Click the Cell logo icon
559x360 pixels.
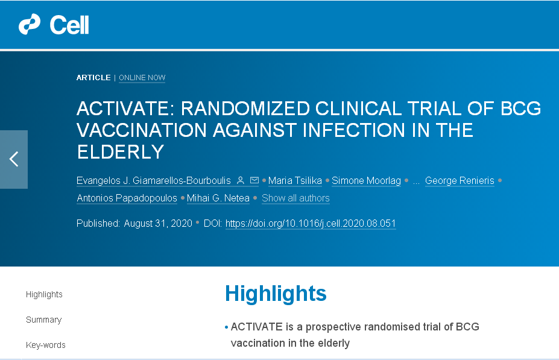29,24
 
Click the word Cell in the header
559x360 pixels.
69,25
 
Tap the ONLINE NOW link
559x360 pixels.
142,78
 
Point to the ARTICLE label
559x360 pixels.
93,78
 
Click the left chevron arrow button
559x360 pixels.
14,159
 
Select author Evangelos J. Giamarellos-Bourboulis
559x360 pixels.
154,181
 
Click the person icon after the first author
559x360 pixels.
241,180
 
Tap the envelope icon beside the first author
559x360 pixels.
254,180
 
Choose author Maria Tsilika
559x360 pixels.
295,181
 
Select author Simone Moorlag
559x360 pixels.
366,181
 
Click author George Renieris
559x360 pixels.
460,181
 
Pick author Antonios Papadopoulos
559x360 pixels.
127,198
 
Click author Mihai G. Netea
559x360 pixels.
218,198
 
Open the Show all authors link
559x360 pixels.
295,198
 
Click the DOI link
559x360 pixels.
311,224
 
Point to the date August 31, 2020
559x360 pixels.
158,224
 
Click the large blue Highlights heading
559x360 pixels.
276,294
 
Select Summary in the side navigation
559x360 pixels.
44,320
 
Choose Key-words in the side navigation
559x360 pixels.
46,345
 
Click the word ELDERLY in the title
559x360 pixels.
121,152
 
